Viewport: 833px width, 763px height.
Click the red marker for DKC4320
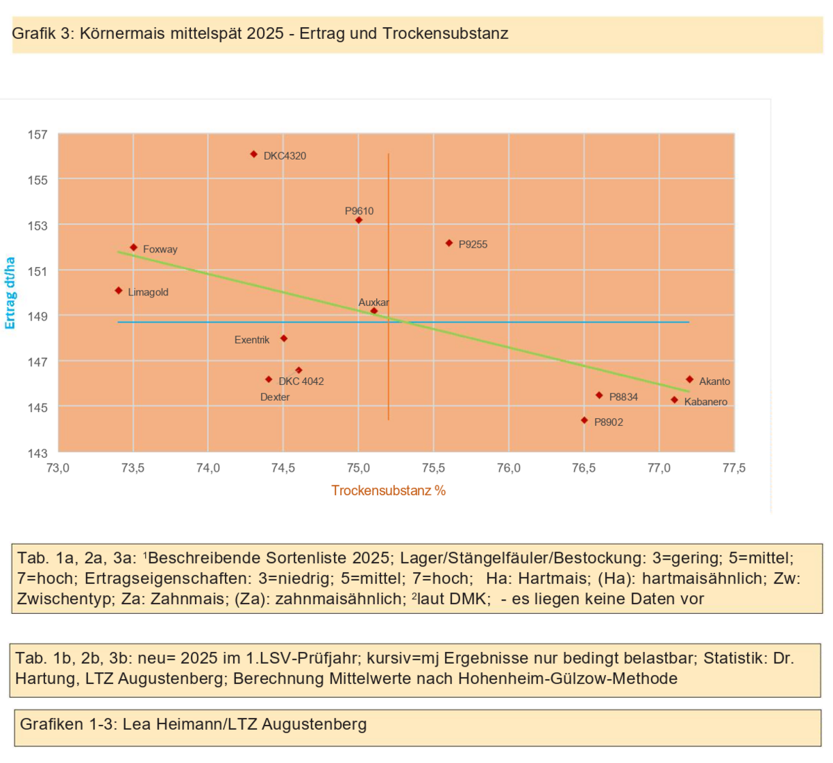(x=254, y=155)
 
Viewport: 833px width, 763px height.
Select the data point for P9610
(x=359, y=221)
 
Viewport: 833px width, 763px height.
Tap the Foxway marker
(x=134, y=248)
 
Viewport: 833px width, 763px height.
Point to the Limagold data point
(x=119, y=291)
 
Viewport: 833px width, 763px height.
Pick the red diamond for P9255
(x=449, y=243)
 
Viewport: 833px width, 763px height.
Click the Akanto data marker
(x=689, y=379)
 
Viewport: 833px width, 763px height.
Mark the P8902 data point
(x=584, y=420)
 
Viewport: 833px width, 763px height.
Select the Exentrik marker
(x=284, y=338)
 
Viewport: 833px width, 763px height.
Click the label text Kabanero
(x=705, y=402)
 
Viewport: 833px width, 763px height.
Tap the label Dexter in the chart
(x=275, y=397)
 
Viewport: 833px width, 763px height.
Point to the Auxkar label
(x=373, y=302)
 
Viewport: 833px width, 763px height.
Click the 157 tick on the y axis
(x=37, y=135)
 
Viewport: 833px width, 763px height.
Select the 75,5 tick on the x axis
(x=433, y=468)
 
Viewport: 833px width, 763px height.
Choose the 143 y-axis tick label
(x=37, y=453)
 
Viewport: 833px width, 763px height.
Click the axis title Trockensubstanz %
(x=388, y=490)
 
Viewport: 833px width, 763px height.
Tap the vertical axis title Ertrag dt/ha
(x=10, y=293)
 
